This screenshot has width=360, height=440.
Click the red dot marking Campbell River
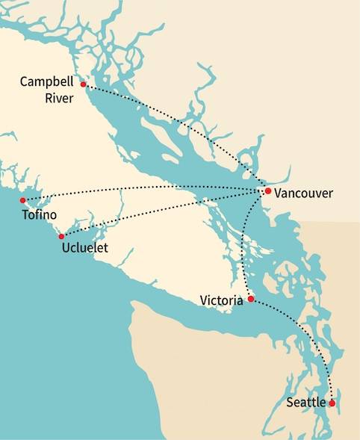pos(84,84)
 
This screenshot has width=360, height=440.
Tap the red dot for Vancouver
pos(267,191)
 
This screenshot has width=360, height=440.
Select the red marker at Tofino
pos(22,200)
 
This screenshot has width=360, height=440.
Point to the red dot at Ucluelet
pos(61,237)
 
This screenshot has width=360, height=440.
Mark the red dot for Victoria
pos(251,299)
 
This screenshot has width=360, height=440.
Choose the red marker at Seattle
pos(332,403)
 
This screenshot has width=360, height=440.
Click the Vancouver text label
pos(303,193)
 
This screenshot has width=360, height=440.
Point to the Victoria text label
pos(221,300)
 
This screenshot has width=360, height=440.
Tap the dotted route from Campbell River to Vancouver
pos(187,120)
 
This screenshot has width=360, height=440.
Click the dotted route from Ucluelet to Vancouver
pos(164,212)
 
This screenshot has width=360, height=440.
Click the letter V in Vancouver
pos(278,193)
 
